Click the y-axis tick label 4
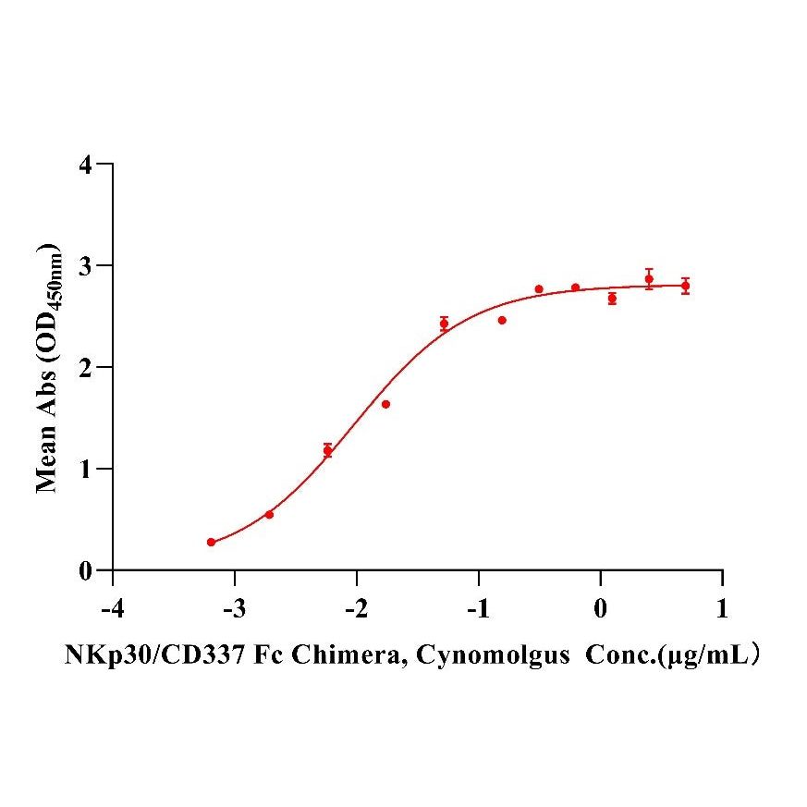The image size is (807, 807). (86, 165)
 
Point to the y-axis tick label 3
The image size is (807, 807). (86, 266)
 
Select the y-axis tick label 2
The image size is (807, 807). (86, 368)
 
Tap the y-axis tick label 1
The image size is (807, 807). (86, 470)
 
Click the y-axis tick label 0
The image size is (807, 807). (86, 571)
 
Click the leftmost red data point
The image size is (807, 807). (211, 542)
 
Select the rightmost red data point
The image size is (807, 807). (685, 286)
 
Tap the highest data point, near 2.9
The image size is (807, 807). (649, 278)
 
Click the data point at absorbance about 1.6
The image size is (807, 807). (385, 404)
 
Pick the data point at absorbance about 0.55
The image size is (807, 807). (269, 514)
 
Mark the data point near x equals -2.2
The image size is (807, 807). (327, 450)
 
